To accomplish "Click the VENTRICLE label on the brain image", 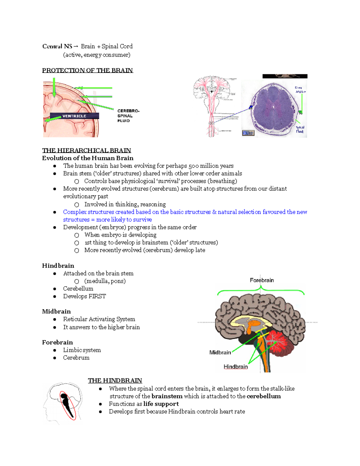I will coord(74,116).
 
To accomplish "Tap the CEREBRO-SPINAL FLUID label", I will coord(128,116).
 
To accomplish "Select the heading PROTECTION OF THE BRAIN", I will coord(87,71).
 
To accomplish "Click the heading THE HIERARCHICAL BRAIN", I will coord(86,150).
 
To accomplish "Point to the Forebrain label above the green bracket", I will coord(262,280).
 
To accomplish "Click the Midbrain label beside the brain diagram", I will coord(220,352).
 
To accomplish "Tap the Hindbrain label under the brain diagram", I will coord(235,367).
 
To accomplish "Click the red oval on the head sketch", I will coord(67,405).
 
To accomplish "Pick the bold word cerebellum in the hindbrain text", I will coord(263,396).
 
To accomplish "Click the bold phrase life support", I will coord(161,404).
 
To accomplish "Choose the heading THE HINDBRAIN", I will coord(115,380).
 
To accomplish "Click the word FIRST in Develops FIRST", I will coord(97,296).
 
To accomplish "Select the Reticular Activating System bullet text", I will coord(99,319).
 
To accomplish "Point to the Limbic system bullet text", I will coord(82,350).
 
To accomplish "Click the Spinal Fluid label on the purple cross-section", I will coord(300,129).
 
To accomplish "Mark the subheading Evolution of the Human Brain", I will coord(88,158).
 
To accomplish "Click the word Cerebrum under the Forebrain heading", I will coord(76,358).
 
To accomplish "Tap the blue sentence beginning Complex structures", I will coord(185,212).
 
